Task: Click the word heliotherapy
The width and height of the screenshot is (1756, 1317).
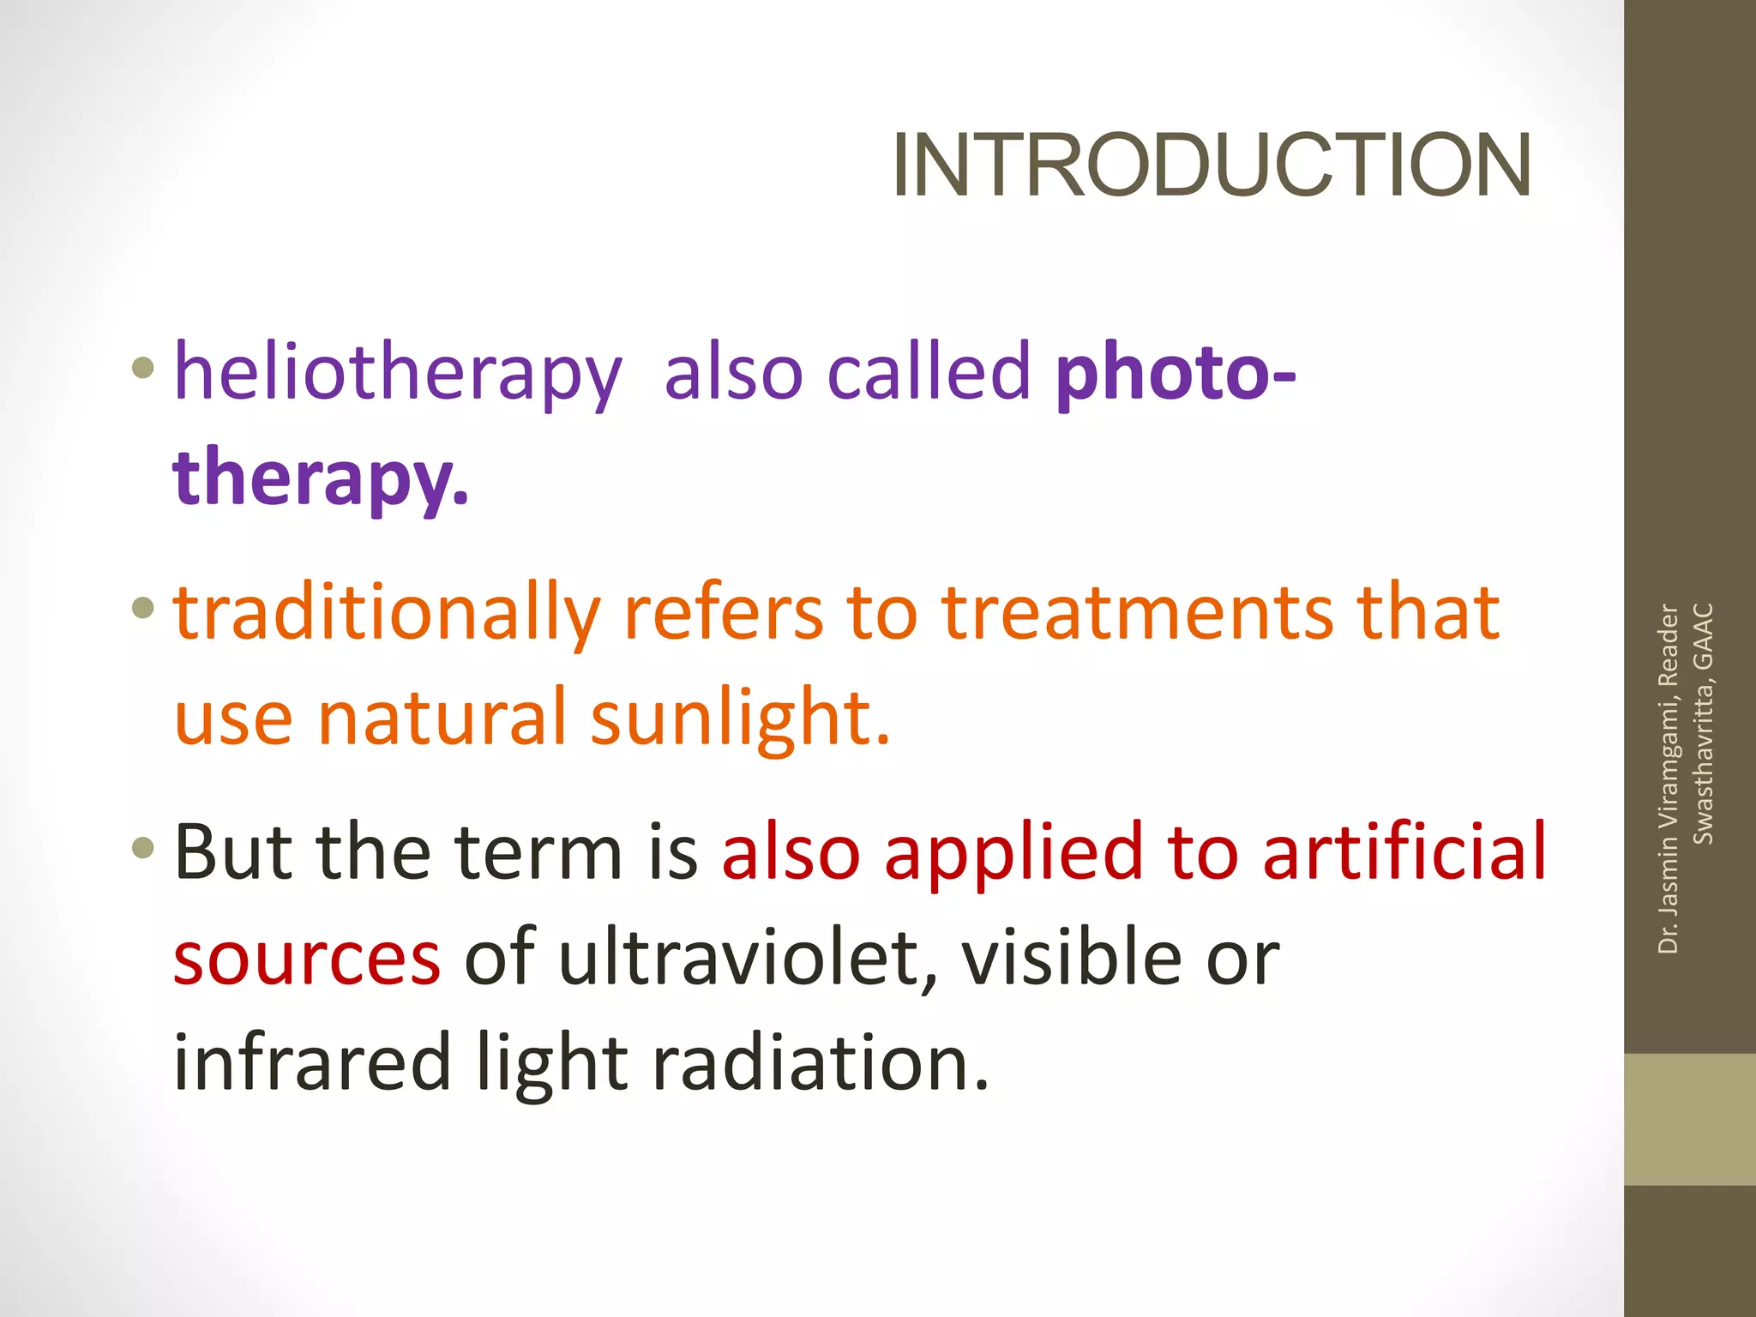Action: pyautogui.click(x=397, y=372)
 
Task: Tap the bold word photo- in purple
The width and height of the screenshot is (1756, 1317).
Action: pyautogui.click(x=1175, y=372)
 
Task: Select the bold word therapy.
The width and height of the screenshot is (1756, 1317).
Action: pyautogui.click(x=320, y=477)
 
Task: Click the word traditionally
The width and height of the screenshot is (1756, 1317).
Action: pyautogui.click(x=387, y=612)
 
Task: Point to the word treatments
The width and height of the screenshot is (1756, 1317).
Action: pyautogui.click(x=1137, y=612)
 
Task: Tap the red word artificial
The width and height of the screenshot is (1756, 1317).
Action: pyautogui.click(x=1404, y=852)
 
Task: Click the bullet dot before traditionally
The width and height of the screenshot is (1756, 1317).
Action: pyautogui.click(x=143, y=610)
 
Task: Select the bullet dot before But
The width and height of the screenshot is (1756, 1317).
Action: pyautogui.click(x=143, y=850)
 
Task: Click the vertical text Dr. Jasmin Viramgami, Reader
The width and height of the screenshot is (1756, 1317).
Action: pyautogui.click(x=1668, y=779)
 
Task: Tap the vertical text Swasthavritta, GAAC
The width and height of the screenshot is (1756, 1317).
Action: pyautogui.click(x=1703, y=724)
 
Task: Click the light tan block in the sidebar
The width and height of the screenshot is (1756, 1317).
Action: pyautogui.click(x=1689, y=1119)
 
